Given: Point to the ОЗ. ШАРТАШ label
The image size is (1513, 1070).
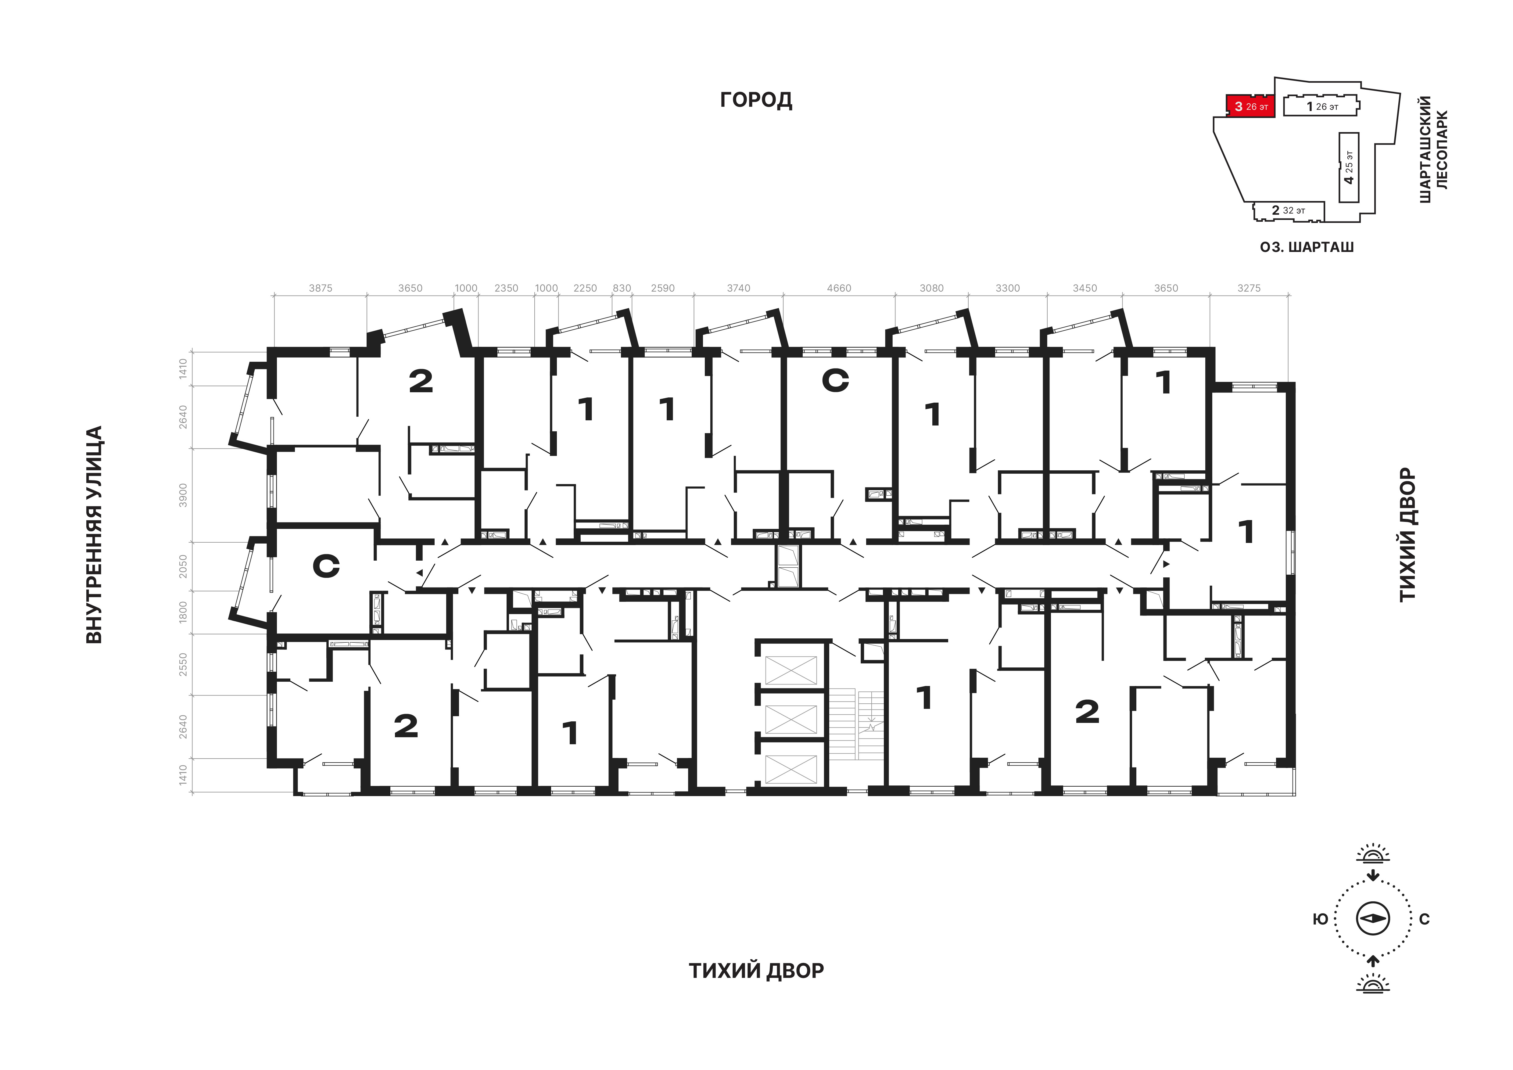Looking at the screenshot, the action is pyautogui.click(x=1307, y=247).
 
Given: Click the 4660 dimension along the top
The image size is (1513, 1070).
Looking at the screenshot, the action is pyautogui.click(x=839, y=288).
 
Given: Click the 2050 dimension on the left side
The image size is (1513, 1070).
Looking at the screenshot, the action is pyautogui.click(x=183, y=567).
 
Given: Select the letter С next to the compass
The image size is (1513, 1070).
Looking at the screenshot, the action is pyautogui.click(x=1425, y=919).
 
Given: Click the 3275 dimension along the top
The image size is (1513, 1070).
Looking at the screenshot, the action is pyautogui.click(x=1249, y=288).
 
